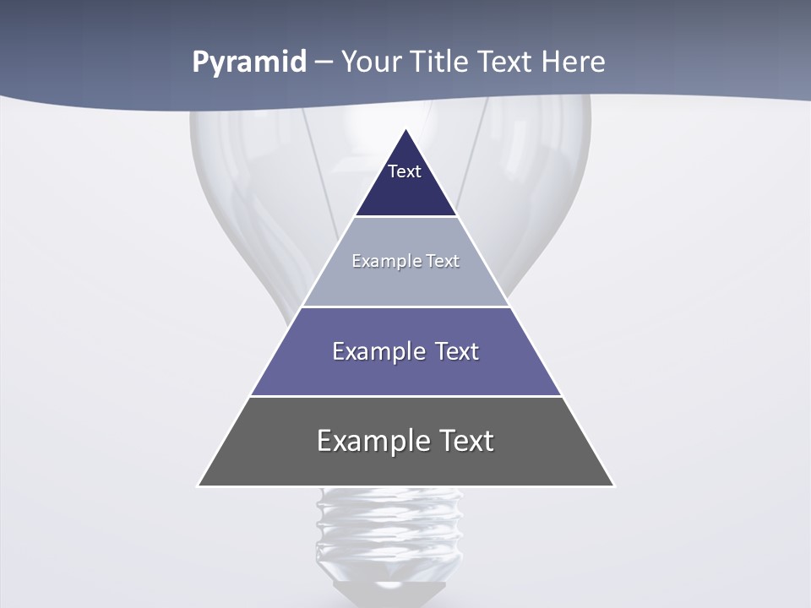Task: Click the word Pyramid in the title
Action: [249, 62]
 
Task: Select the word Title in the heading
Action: [438, 62]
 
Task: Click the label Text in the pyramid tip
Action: [405, 171]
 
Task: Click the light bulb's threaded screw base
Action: [389, 532]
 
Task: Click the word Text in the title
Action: [509, 62]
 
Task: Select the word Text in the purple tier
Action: [457, 351]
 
